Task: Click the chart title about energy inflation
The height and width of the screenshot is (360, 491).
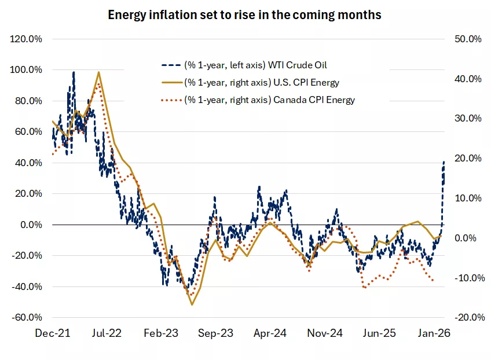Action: coord(245,15)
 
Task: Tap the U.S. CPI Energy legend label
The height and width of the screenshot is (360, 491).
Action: coord(261,82)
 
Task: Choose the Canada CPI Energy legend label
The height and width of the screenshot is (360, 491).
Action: coord(269,100)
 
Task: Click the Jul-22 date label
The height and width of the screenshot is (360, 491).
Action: coord(107,333)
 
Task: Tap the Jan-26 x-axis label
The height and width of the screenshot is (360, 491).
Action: coord(434,333)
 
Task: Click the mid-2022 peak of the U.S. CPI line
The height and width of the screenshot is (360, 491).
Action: coord(99,72)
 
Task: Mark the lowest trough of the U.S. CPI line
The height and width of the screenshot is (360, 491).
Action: coord(192,304)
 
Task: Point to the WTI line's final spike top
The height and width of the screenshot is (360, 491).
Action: coord(444,161)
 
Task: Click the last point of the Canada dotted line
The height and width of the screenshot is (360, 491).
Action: coord(433,281)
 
